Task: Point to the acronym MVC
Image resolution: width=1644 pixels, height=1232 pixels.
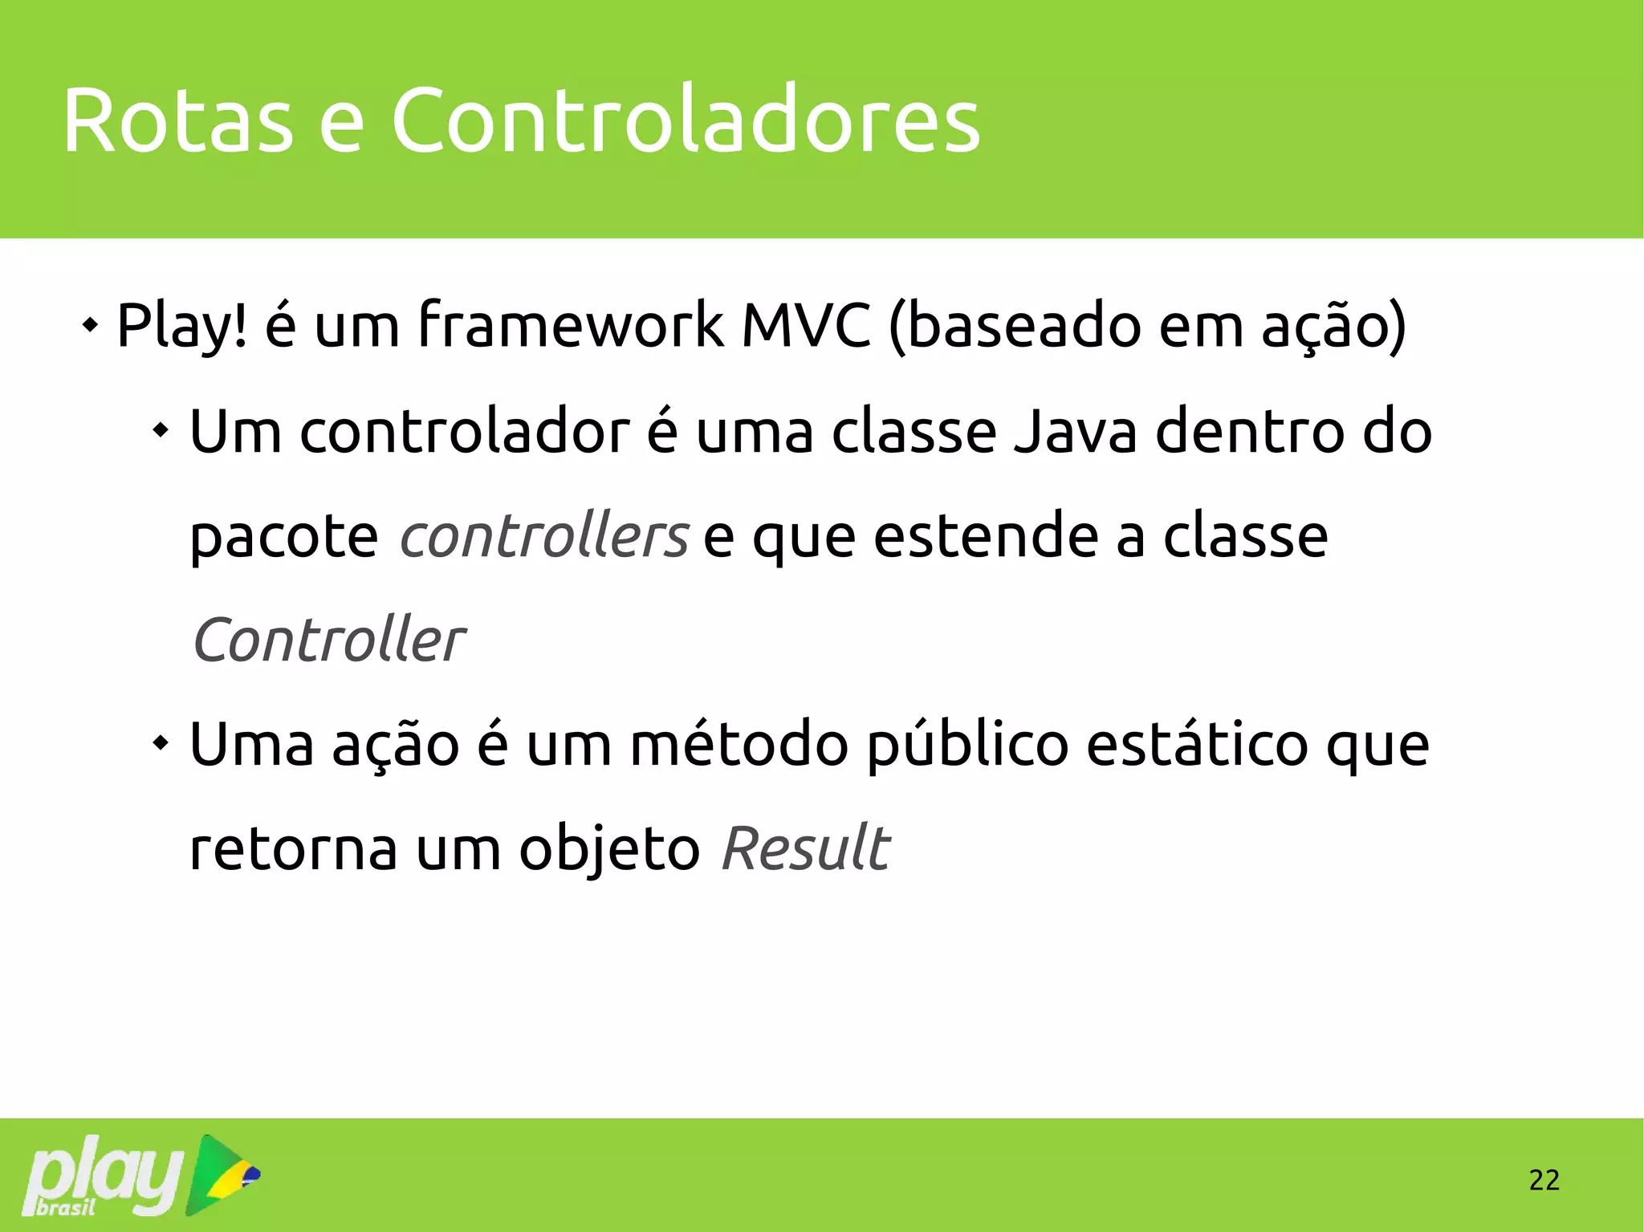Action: click(x=805, y=324)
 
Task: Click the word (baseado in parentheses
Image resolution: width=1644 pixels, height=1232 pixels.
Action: click(x=1015, y=324)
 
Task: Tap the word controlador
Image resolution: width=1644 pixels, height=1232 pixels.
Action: click(x=465, y=432)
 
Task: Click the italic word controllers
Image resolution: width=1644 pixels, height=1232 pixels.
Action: click(x=543, y=536)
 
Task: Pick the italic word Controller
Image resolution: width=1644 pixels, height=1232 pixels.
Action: click(x=328, y=640)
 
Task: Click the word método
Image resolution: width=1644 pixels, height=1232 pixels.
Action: click(x=739, y=745)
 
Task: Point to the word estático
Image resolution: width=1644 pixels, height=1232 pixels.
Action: click(x=1197, y=745)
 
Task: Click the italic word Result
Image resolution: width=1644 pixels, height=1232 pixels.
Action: click(x=805, y=848)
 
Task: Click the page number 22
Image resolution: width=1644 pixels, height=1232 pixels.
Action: click(x=1544, y=1180)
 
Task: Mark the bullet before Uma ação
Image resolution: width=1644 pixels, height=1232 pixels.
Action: click(x=161, y=743)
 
